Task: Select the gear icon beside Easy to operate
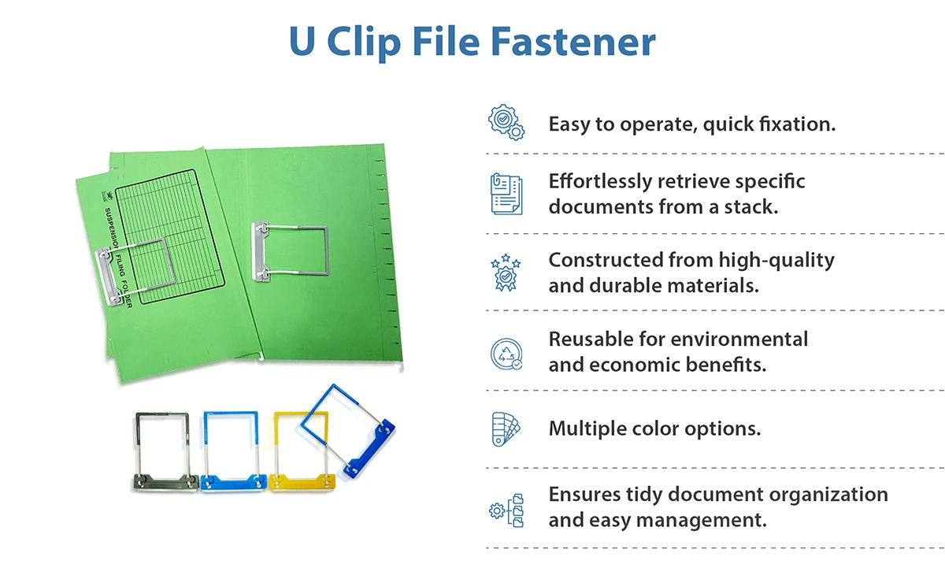pos(506,124)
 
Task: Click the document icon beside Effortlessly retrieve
pos(506,193)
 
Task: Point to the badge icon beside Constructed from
pos(506,273)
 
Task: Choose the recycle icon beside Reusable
pos(506,352)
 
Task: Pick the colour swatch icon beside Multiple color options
pos(506,429)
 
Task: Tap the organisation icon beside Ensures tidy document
pos(506,509)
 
